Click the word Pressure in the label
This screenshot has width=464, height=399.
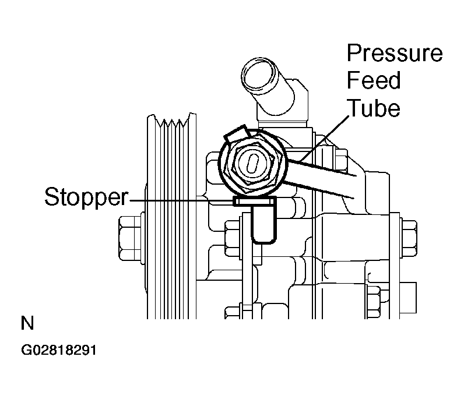(x=395, y=54)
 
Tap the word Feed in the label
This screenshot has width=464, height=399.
(x=374, y=80)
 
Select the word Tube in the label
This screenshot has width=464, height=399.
(x=374, y=108)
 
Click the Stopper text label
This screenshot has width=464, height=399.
(x=86, y=197)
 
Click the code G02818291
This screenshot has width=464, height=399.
(x=59, y=351)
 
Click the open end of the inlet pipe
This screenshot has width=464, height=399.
(x=258, y=74)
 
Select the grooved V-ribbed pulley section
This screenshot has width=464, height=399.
(x=171, y=216)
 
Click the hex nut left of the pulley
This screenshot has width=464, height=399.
(x=130, y=238)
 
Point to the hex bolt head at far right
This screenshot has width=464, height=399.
(x=409, y=239)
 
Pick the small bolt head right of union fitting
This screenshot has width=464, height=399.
(x=341, y=160)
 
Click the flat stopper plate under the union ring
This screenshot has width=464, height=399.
(x=255, y=202)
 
